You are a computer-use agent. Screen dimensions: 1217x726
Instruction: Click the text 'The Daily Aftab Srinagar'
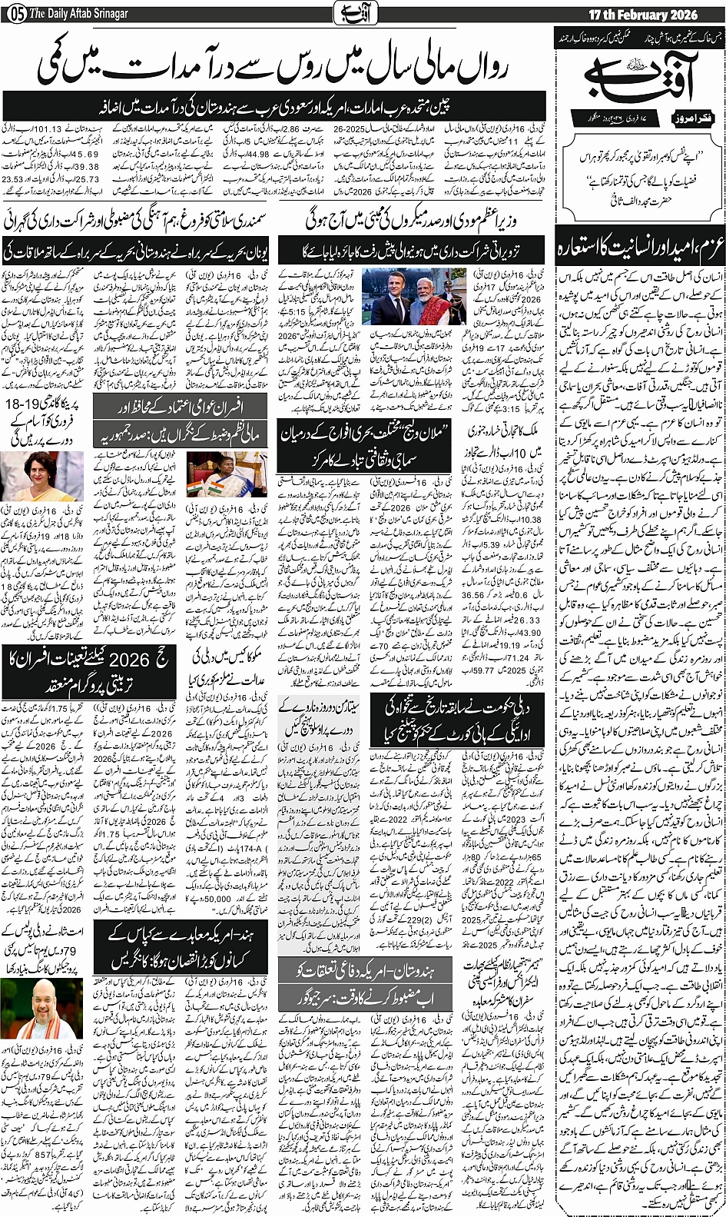pos(78,15)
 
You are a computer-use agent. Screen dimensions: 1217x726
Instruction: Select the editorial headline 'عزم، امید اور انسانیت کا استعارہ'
pos(639,249)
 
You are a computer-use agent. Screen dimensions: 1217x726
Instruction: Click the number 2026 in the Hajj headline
pos(129,660)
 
